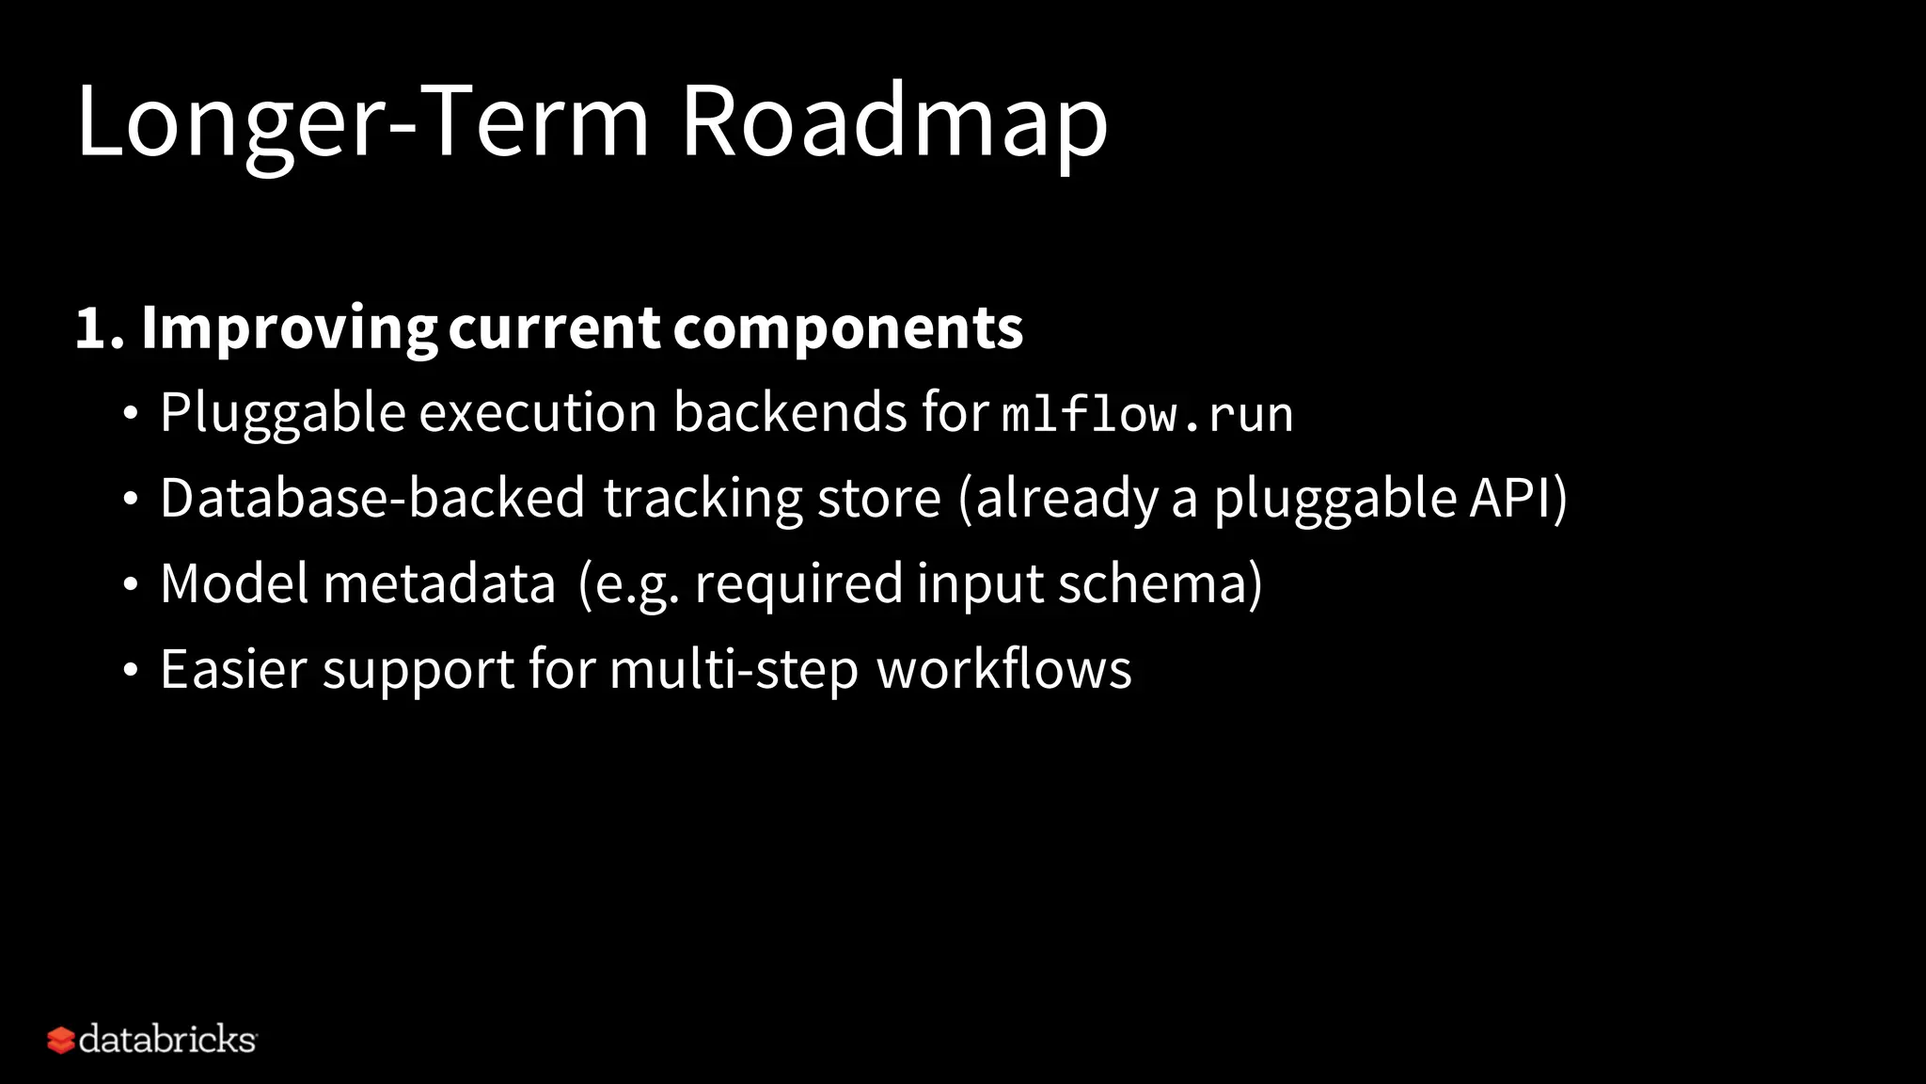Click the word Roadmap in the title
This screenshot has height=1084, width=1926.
(x=893, y=122)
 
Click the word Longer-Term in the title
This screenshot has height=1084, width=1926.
(x=362, y=122)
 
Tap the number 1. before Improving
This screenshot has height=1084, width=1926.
(x=99, y=329)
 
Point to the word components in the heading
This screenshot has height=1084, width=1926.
(x=847, y=329)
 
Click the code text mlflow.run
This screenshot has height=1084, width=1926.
(x=1146, y=415)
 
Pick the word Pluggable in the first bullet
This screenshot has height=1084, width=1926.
(x=282, y=413)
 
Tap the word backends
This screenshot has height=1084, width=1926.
(x=790, y=413)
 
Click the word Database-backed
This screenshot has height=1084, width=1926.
(x=372, y=498)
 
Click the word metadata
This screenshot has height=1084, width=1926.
(x=439, y=583)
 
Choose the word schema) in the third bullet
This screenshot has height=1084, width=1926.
(x=1160, y=583)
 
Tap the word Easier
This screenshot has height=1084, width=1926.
(x=234, y=669)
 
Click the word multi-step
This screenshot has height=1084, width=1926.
(x=734, y=669)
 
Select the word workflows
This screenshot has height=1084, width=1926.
(x=1003, y=669)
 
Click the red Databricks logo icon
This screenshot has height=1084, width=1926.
(x=61, y=1040)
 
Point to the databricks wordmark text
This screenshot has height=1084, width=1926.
(x=167, y=1040)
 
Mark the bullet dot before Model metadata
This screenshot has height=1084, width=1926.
(x=131, y=585)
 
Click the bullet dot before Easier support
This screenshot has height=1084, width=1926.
(x=131, y=671)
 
